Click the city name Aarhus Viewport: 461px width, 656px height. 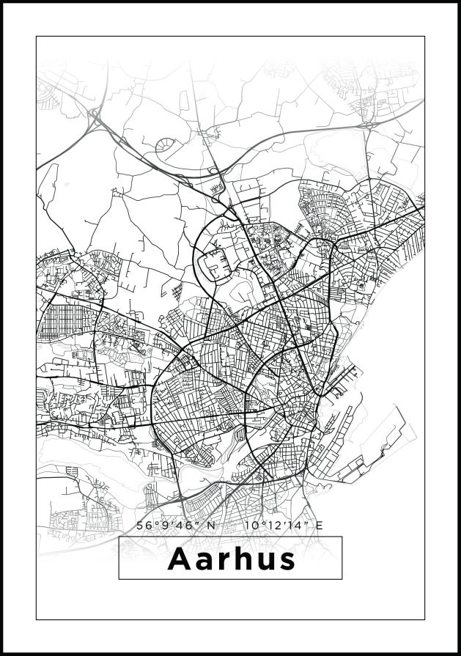[x=231, y=559]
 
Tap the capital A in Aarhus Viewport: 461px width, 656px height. [x=180, y=559]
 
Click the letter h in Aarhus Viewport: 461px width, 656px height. [x=240, y=559]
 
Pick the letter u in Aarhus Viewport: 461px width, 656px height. [x=262, y=561]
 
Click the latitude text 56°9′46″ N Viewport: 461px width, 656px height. [x=177, y=525]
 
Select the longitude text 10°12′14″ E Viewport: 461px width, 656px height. [x=284, y=525]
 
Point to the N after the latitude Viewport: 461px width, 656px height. [x=212, y=525]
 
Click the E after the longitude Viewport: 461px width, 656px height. [x=319, y=525]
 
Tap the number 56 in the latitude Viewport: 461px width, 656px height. [x=144, y=525]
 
